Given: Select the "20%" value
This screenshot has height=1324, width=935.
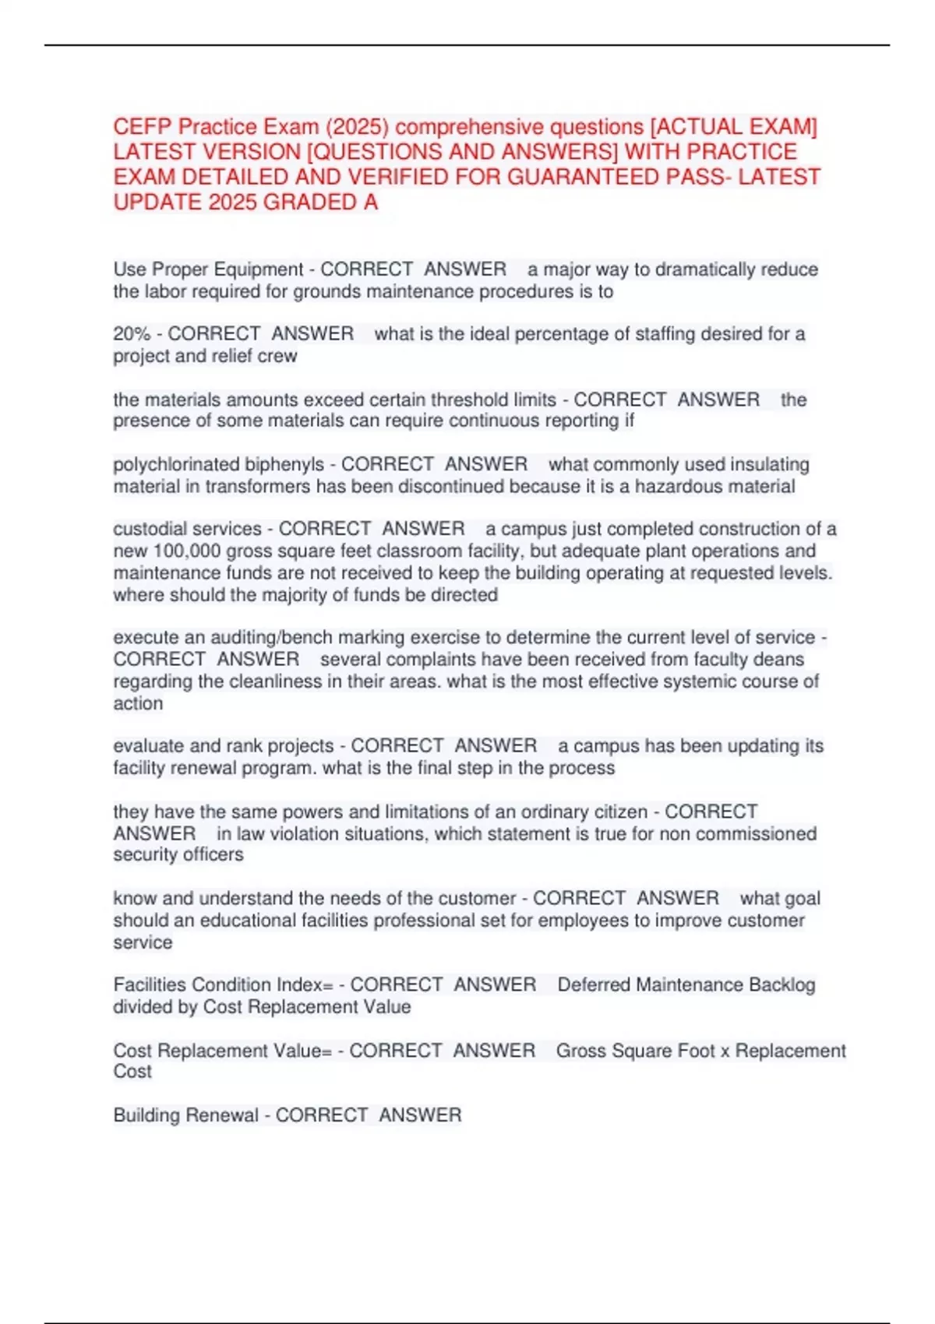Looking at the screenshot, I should tap(132, 333).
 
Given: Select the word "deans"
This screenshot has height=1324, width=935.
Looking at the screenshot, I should tap(778, 659).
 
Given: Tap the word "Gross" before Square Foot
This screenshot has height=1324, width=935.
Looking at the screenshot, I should tap(581, 1051).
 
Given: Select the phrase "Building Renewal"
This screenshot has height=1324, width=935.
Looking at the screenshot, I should tap(185, 1115).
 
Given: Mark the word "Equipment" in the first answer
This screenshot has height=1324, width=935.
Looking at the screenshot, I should tap(258, 269).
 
